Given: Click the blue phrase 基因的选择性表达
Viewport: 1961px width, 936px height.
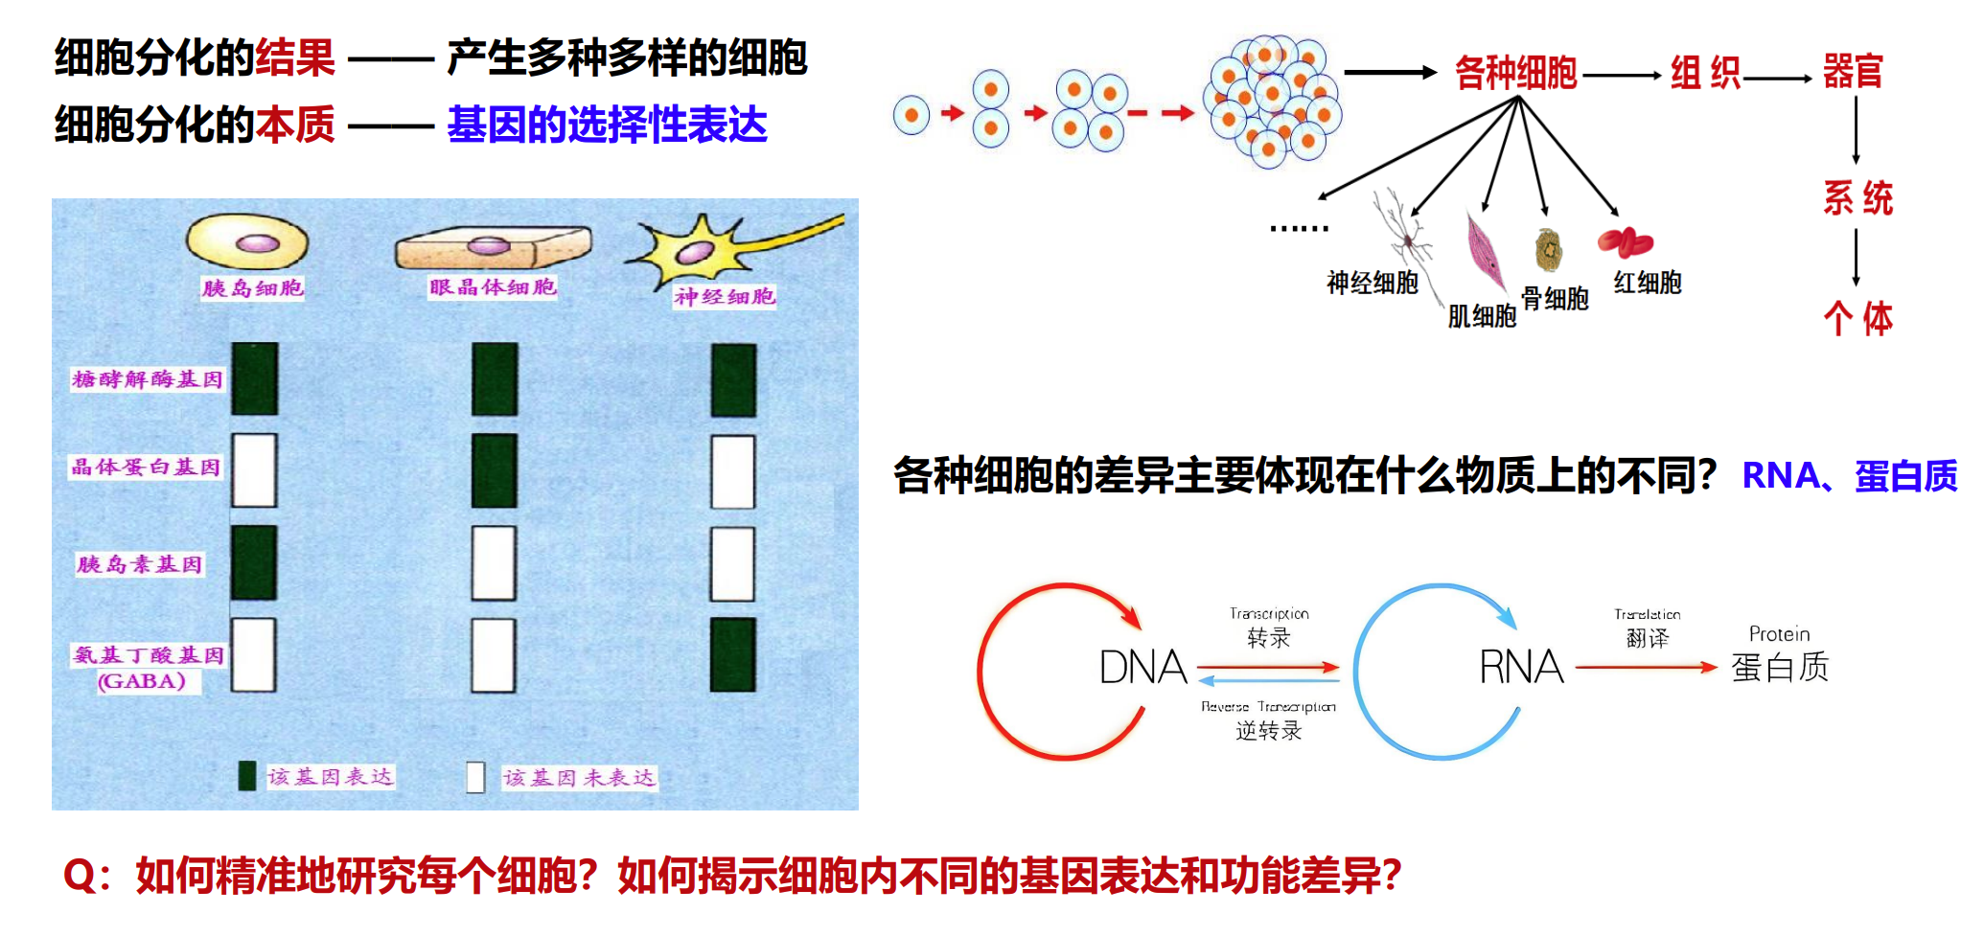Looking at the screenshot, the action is pyautogui.click(x=607, y=126).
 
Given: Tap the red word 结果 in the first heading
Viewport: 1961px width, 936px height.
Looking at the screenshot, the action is pyautogui.click(x=295, y=58).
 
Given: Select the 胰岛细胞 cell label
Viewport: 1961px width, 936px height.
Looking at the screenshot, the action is pyautogui.click(x=252, y=287).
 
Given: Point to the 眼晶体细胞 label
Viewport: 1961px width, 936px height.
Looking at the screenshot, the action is pyautogui.click(x=493, y=286).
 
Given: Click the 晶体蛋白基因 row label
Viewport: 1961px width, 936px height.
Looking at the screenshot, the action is pyautogui.click(x=146, y=468).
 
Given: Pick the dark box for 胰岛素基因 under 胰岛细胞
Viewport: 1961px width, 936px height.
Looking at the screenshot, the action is pyautogui.click(x=254, y=562).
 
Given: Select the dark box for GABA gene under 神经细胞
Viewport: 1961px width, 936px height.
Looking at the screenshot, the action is pyautogui.click(x=733, y=654).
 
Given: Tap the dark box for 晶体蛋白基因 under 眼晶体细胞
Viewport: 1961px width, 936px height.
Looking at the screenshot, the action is pyautogui.click(x=495, y=470).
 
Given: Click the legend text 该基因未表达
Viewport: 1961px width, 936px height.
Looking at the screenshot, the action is pyautogui.click(x=579, y=778).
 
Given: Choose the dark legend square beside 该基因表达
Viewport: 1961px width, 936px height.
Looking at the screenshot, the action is pyautogui.click(x=247, y=776).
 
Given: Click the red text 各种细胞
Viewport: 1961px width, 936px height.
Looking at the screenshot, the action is pyautogui.click(x=1515, y=73).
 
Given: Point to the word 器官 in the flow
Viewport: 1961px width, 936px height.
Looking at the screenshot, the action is pyautogui.click(x=1853, y=72).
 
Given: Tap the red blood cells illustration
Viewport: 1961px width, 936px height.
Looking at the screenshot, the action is pyautogui.click(x=1625, y=242).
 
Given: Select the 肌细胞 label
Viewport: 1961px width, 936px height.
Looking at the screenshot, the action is pyautogui.click(x=1482, y=316).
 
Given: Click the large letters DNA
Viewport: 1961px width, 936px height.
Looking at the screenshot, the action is pyautogui.click(x=1142, y=668).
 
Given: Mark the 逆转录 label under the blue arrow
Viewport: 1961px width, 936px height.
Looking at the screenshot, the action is pyautogui.click(x=1268, y=731).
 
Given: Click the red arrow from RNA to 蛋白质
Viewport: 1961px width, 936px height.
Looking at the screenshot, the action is pyautogui.click(x=1645, y=667).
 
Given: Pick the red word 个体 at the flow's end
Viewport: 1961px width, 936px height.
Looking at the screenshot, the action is pyautogui.click(x=1857, y=319).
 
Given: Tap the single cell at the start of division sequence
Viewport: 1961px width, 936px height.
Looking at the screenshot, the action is pyautogui.click(x=911, y=115).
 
